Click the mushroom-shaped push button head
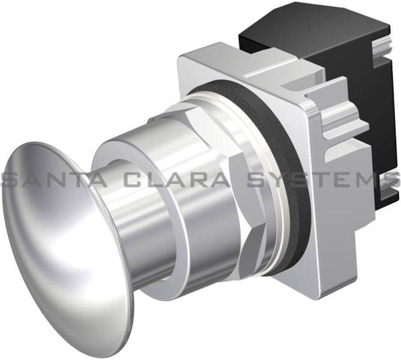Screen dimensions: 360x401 tap(54, 252)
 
